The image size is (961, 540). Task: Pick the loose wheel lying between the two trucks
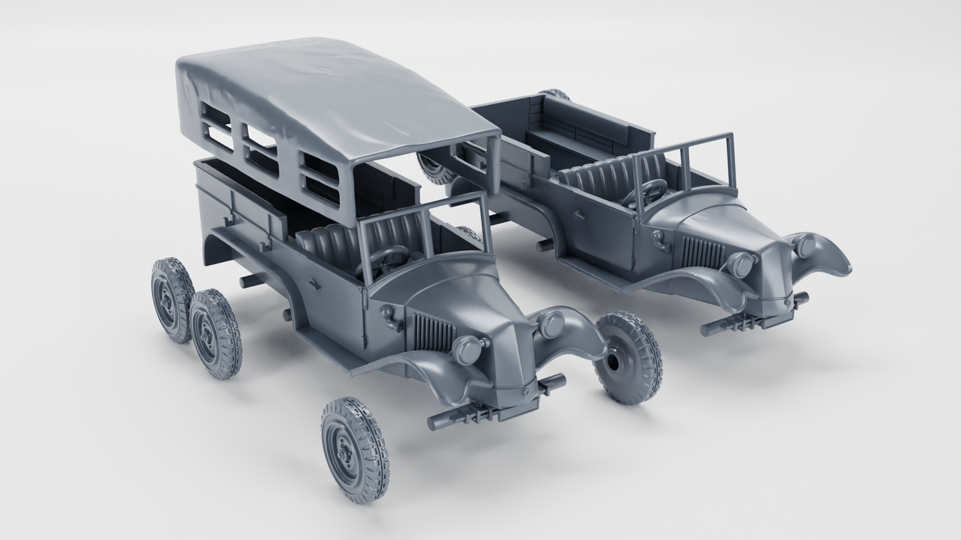pos(628,358)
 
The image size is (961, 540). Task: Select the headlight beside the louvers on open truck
pos(740,265)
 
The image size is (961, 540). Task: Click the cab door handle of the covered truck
pos(313,284)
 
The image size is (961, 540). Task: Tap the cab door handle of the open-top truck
pos(579,215)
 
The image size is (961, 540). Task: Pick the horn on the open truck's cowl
pos(658,238)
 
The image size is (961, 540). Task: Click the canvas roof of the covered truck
pos(333,93)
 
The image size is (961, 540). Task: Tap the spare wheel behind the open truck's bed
pos(435,169)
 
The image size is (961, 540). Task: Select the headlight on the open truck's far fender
pos(805,246)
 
